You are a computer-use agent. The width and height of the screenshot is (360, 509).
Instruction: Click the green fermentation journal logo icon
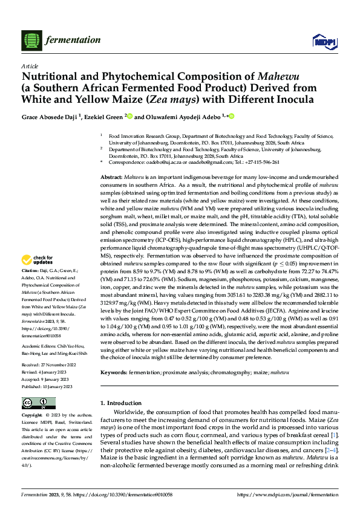coord(31,40)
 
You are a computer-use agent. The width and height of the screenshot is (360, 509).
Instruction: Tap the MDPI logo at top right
coord(321,40)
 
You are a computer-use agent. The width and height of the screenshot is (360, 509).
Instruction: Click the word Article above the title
coord(30,66)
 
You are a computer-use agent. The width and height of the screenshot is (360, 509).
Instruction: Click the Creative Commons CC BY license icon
coord(36,403)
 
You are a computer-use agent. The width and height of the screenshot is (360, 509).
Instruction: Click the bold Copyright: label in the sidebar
coord(32,417)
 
